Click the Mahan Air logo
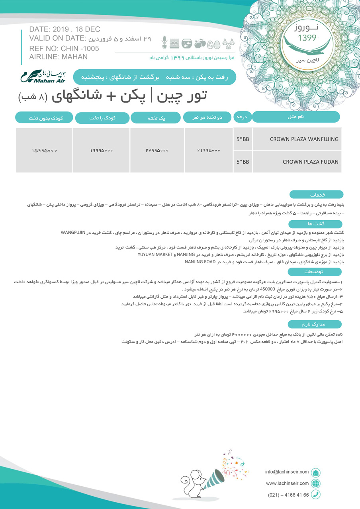click(x=43, y=76)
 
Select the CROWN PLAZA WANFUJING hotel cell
click(x=297, y=139)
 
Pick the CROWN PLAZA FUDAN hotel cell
click(x=297, y=162)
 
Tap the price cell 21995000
click(x=208, y=151)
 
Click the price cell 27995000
click(x=157, y=151)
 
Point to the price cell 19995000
click(x=101, y=151)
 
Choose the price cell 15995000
click(x=44, y=151)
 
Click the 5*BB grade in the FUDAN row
click(x=243, y=162)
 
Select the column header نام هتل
click(x=296, y=117)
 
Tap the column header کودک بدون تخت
click(x=44, y=118)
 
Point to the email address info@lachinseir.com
click(x=287, y=472)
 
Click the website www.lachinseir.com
click(x=287, y=483)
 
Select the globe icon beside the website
click(x=315, y=484)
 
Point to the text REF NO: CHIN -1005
click(x=64, y=49)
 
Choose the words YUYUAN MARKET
click(x=155, y=254)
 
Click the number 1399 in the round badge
click(x=307, y=38)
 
